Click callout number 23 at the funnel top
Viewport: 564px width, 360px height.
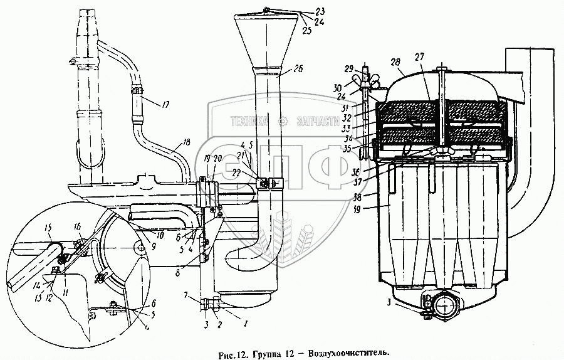(320, 11)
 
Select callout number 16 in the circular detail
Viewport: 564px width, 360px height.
(77, 226)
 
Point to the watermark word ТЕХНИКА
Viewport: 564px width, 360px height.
(248, 121)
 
